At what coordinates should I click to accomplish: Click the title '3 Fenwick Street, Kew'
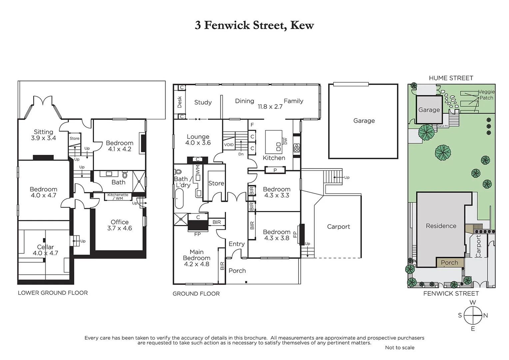pyautogui.click(x=254, y=25)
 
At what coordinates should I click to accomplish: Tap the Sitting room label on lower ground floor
pyautogui.click(x=43, y=135)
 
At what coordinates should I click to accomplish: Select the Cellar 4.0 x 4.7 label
pyautogui.click(x=45, y=250)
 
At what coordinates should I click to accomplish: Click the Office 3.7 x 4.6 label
pyautogui.click(x=120, y=225)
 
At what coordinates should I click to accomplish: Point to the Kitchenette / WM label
pyautogui.click(x=118, y=197)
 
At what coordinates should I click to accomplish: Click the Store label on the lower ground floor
pyautogui.click(x=75, y=138)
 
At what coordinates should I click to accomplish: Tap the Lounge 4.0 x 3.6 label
pyautogui.click(x=198, y=140)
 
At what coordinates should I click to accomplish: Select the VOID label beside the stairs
pyautogui.click(x=229, y=145)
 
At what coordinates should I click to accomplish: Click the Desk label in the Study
pyautogui.click(x=180, y=102)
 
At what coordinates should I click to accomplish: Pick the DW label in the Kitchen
pyautogui.click(x=285, y=141)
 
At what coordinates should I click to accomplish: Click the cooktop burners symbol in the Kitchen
pyautogui.click(x=296, y=148)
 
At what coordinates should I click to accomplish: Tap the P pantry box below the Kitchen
pyautogui.click(x=275, y=170)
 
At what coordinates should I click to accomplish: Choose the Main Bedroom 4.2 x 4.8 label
pyautogui.click(x=197, y=258)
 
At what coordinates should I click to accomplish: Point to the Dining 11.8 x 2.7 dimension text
pyautogui.click(x=270, y=107)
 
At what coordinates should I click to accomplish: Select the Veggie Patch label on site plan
pyautogui.click(x=486, y=95)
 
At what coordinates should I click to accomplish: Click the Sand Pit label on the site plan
pyautogui.click(x=443, y=126)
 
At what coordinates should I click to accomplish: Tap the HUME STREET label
pyautogui.click(x=451, y=78)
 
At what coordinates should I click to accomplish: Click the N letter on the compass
pyautogui.click(x=485, y=315)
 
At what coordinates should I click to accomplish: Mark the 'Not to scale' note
pyautogui.click(x=400, y=347)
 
